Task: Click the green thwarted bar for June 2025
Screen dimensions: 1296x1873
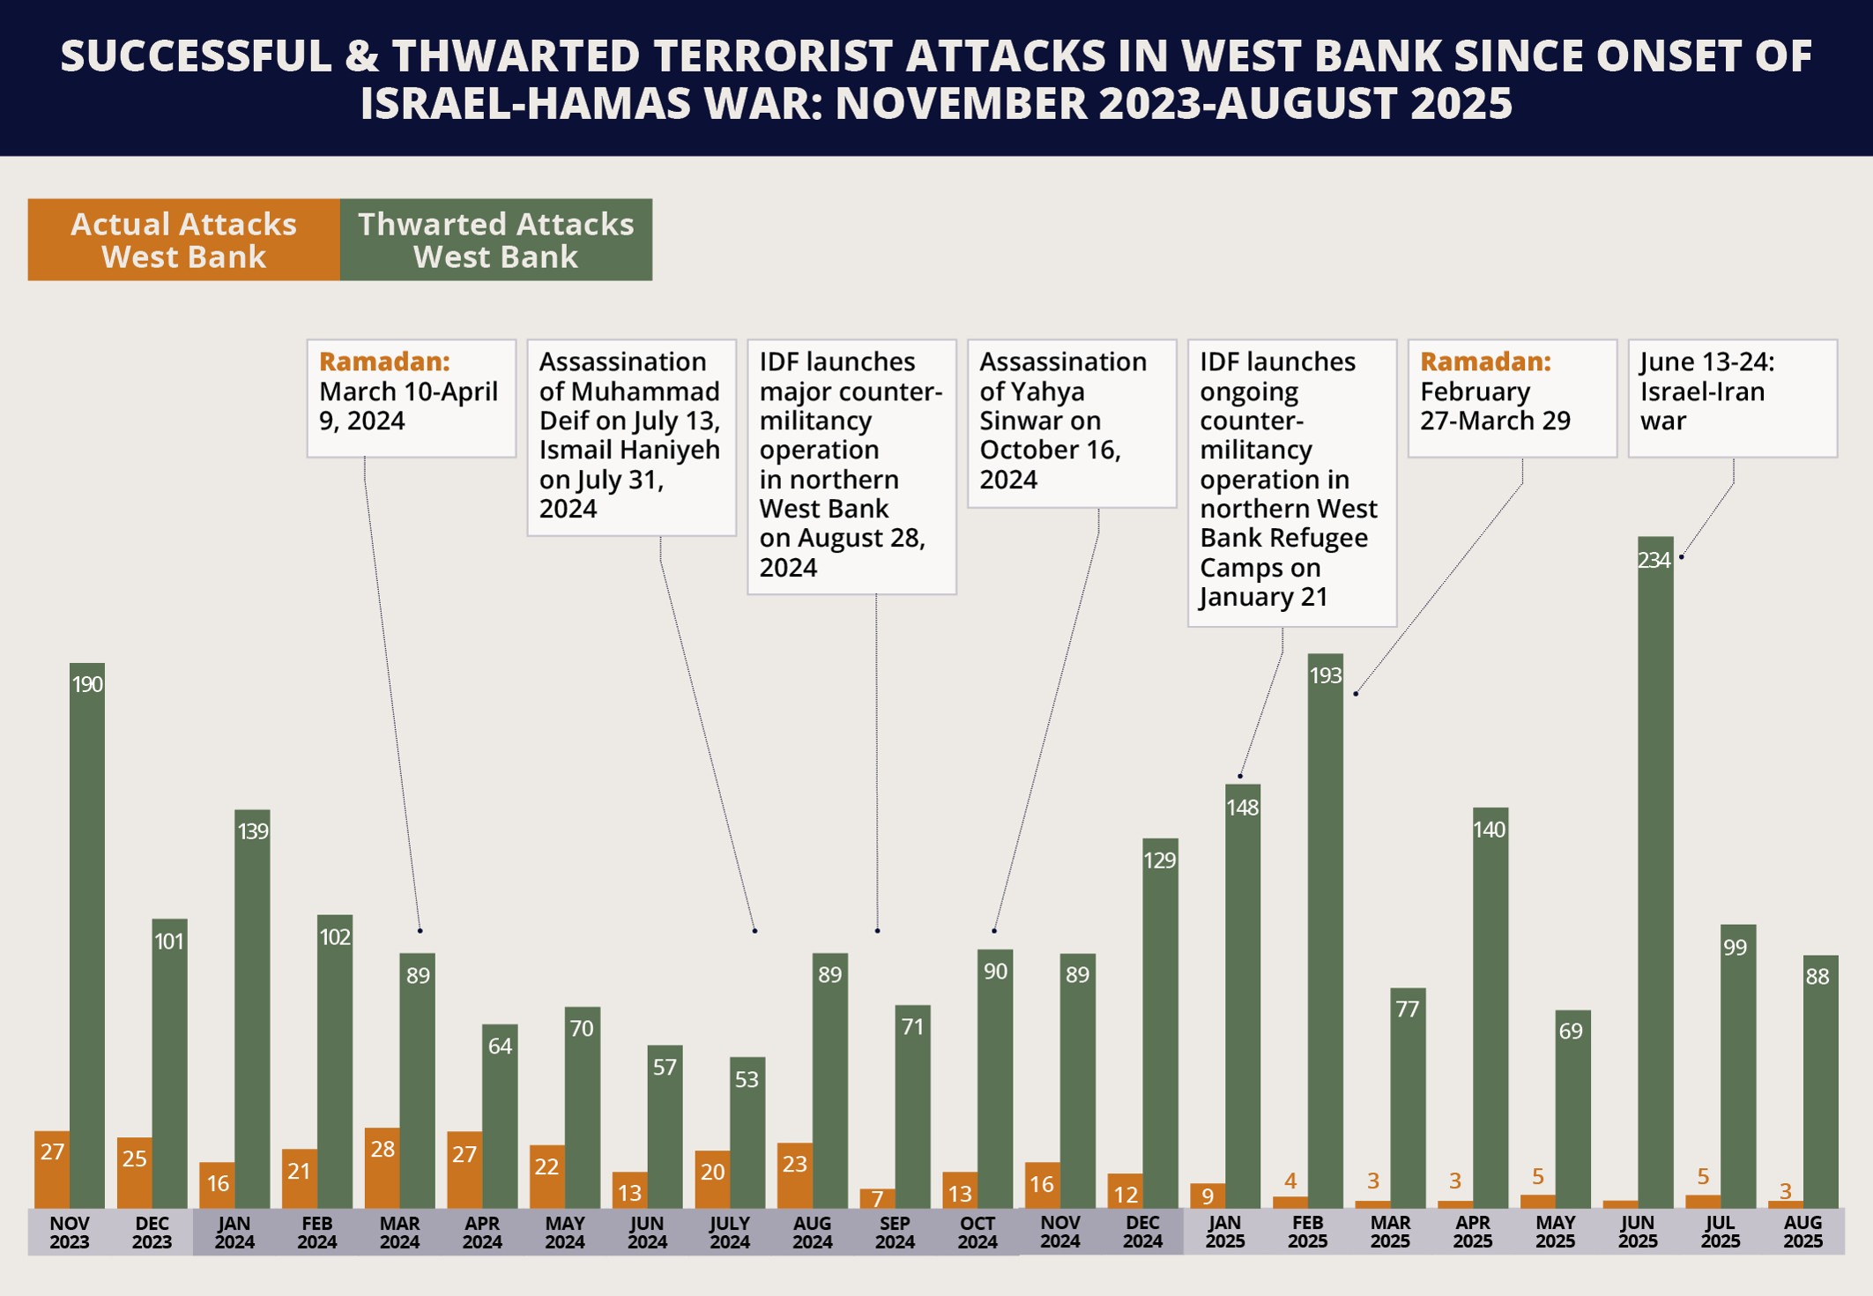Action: (x=1654, y=873)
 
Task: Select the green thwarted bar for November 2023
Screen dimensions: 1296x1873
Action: (x=87, y=935)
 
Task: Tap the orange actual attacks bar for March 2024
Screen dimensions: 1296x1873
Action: (x=382, y=1168)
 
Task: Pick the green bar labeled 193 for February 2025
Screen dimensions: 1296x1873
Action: (x=1325, y=930)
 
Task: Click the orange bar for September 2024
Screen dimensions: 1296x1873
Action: (x=877, y=1198)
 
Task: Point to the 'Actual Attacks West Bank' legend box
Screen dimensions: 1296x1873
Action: (x=183, y=240)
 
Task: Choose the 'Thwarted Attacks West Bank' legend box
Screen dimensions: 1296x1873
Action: (x=496, y=240)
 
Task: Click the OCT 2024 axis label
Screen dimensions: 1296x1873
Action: (x=977, y=1233)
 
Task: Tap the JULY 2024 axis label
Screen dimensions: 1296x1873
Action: (x=730, y=1233)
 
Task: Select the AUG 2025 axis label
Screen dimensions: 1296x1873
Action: (x=1802, y=1233)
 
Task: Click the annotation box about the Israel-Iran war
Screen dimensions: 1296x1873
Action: (x=1732, y=398)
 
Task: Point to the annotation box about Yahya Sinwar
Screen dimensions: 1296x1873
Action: (x=1072, y=423)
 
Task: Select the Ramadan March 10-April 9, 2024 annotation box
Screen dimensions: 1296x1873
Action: (x=411, y=398)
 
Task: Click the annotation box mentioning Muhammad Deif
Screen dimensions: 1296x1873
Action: (x=631, y=437)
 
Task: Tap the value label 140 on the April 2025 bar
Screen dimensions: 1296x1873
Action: (x=1490, y=830)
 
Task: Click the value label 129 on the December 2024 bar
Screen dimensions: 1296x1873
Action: (x=1160, y=860)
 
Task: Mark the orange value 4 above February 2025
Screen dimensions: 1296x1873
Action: (x=1290, y=1181)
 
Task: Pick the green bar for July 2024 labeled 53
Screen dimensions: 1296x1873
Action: (x=747, y=1133)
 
